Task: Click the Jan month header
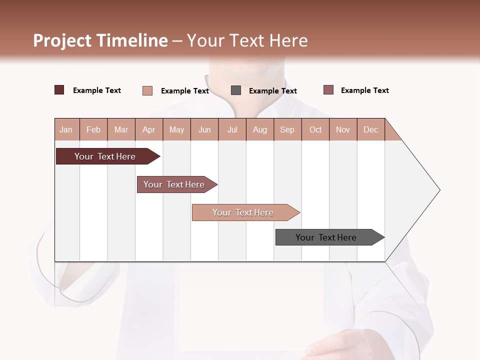click(x=66, y=129)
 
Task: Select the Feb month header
click(x=93, y=129)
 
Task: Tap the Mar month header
click(x=121, y=129)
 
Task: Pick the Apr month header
click(x=149, y=129)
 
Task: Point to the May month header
click(x=176, y=129)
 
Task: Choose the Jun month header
click(x=204, y=129)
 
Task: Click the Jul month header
click(x=232, y=129)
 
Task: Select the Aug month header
click(x=260, y=129)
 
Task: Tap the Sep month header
click(x=287, y=129)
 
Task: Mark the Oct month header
click(x=315, y=129)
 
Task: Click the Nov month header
click(x=343, y=129)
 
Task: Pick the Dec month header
click(x=371, y=129)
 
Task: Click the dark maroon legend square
click(x=59, y=90)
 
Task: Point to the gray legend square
click(x=236, y=90)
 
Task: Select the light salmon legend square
click(x=147, y=90)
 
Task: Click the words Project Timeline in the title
click(x=100, y=40)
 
